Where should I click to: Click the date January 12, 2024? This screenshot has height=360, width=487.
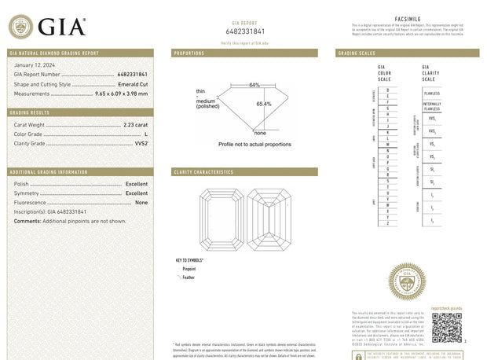[x=34, y=64]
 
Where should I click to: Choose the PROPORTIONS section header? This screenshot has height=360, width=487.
[x=189, y=53]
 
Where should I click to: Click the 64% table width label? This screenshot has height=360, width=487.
[x=254, y=84]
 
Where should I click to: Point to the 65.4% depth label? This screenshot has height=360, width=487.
[x=264, y=104]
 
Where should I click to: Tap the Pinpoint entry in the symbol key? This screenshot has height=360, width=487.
[x=189, y=269]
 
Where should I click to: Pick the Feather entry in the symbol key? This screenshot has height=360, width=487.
[x=188, y=277]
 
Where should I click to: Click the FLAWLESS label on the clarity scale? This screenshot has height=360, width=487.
[x=431, y=93]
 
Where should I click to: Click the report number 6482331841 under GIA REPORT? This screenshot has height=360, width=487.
[x=245, y=31]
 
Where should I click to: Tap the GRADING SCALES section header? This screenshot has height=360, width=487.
[x=356, y=53]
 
